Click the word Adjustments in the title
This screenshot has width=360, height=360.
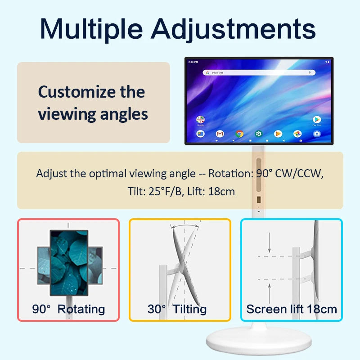point(233,29)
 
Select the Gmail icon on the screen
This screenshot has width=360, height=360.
point(220,134)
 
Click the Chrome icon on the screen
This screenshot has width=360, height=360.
point(239,134)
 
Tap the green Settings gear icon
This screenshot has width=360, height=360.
point(259,134)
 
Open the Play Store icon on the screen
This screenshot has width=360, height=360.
point(317,119)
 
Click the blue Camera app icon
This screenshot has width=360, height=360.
point(317,134)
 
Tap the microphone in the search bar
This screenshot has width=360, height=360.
point(310,72)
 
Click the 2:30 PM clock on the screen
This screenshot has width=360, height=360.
point(193,62)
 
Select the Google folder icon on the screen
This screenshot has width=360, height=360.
point(200,120)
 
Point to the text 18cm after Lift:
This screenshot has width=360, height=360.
point(222,191)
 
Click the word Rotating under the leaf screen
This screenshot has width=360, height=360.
point(81,309)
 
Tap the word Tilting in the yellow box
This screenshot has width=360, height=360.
point(189,309)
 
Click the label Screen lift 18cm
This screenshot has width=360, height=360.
point(292,309)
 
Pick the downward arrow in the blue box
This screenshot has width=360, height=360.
point(269,244)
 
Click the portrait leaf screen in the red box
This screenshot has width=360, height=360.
point(68,263)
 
